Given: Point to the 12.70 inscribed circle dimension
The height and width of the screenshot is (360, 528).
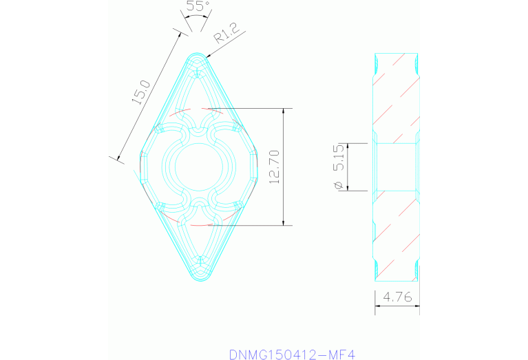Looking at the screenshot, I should (x=274, y=167).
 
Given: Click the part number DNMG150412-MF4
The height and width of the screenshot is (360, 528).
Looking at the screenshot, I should (x=291, y=354).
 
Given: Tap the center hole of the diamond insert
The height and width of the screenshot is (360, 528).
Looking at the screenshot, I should (x=198, y=167).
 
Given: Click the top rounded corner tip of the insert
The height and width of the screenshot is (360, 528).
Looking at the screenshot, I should (x=198, y=55).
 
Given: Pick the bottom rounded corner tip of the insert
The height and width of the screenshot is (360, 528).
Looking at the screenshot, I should (x=198, y=279).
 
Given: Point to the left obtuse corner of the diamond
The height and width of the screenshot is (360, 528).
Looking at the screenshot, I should (x=140, y=167).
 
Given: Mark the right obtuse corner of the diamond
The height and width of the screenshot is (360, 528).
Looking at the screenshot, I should (x=256, y=167).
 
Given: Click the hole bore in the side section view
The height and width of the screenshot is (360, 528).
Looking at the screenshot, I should (x=396, y=167).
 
